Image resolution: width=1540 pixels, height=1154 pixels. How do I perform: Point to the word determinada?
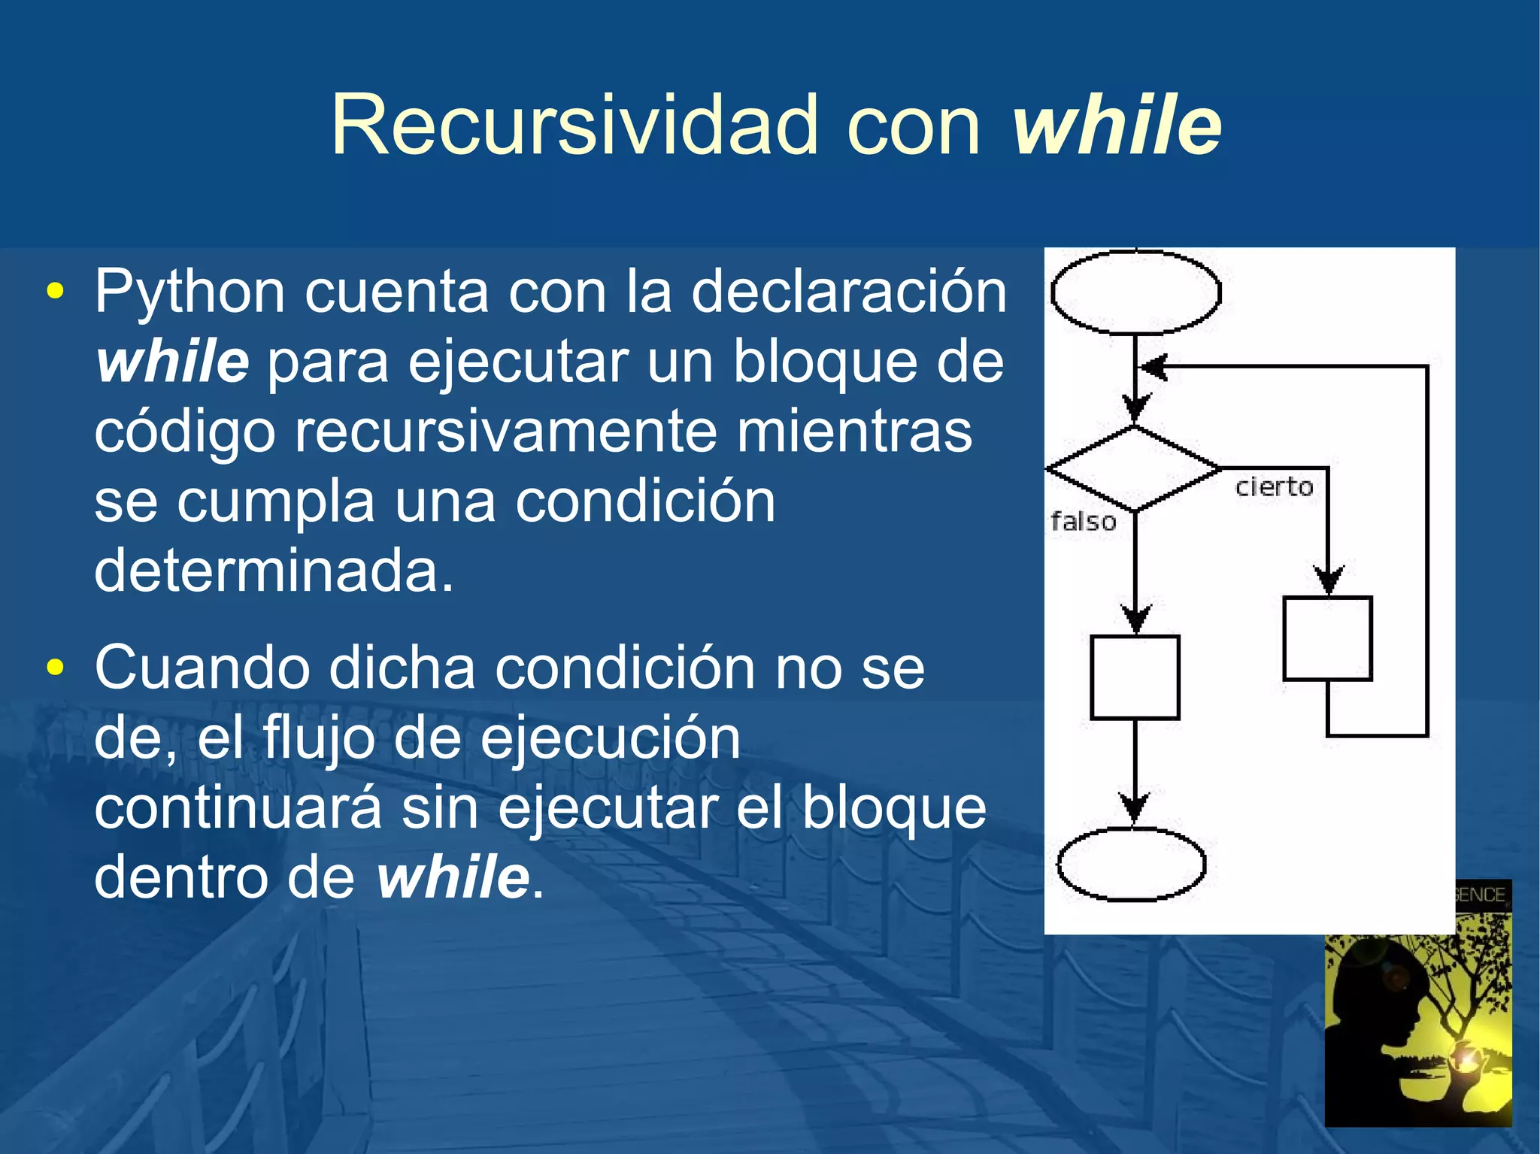(274, 571)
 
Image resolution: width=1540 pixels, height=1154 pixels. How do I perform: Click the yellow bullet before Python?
(55, 292)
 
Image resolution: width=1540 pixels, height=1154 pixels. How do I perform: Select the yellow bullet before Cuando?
(55, 668)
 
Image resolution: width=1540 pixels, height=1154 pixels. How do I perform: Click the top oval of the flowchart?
(1135, 292)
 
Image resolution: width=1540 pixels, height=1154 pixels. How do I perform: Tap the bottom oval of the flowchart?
(1131, 865)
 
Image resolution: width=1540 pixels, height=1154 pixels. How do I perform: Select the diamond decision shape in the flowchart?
(1134, 468)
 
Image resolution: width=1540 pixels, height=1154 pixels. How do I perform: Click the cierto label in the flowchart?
(1274, 487)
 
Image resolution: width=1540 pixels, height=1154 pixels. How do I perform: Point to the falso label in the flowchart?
(1083, 522)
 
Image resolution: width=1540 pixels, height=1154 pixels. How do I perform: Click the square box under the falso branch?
(1135, 677)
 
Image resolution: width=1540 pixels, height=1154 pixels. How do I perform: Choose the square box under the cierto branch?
(1327, 638)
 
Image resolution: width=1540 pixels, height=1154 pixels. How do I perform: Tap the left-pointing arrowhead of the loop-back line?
(1153, 368)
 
